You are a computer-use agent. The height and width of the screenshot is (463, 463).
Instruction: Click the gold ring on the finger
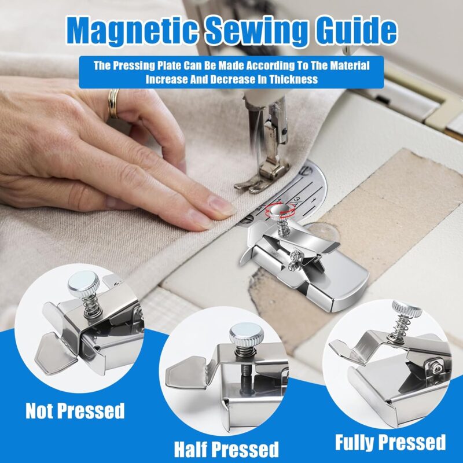pyautogui.click(x=113, y=104)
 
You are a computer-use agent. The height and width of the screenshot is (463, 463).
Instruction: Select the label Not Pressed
pyautogui.click(x=75, y=410)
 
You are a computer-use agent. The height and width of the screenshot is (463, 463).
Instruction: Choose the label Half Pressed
pyautogui.click(x=226, y=449)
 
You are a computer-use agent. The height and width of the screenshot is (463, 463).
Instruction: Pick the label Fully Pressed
pyautogui.click(x=390, y=442)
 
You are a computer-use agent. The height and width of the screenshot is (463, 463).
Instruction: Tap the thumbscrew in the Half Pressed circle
pyautogui.click(x=247, y=335)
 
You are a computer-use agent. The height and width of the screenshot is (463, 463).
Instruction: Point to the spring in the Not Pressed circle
pyautogui.click(x=92, y=307)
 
